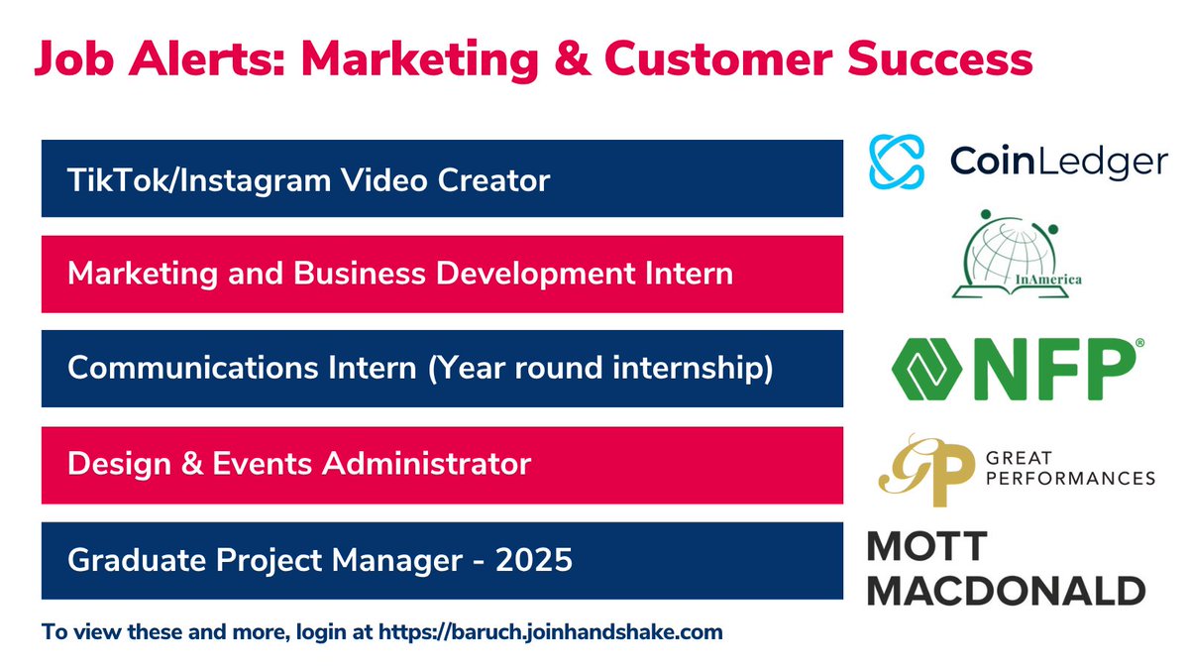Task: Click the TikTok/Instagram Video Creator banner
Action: point(442,179)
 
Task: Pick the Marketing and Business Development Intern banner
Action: point(442,275)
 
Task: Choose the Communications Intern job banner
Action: point(442,369)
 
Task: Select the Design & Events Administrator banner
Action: point(442,465)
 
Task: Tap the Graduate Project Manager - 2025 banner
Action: point(442,561)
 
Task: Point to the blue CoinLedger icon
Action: point(896,162)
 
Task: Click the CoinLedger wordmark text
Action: point(1058,163)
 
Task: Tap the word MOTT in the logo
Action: point(927,547)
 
